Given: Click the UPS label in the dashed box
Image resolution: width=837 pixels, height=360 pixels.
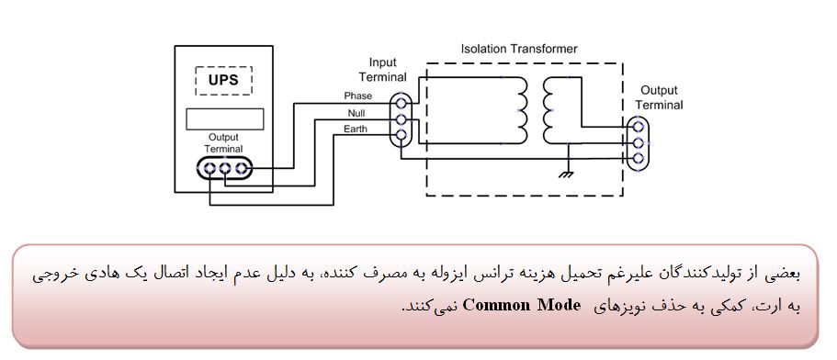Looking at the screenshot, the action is (223, 81).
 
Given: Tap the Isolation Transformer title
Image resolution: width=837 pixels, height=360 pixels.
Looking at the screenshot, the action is (519, 49).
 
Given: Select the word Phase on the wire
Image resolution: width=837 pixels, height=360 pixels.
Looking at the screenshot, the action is (357, 96).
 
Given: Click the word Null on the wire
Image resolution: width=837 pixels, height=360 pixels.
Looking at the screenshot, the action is (356, 113).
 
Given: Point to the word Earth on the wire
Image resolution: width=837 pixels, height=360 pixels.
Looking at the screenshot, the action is (356, 129).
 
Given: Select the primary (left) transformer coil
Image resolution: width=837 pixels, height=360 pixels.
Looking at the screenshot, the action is (519, 110).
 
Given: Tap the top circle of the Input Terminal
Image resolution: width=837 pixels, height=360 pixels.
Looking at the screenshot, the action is (402, 101).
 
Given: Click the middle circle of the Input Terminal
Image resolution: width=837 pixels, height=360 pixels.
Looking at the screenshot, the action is (402, 119).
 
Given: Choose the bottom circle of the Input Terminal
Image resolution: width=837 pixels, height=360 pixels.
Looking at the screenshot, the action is (402, 136).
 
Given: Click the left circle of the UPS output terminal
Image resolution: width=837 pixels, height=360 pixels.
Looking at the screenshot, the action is (209, 169).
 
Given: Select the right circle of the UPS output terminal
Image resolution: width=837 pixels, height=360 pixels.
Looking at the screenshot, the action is (241, 169).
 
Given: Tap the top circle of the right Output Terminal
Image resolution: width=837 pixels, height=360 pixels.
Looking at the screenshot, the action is (637, 127).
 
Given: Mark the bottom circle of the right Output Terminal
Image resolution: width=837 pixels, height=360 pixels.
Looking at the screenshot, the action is (637, 158).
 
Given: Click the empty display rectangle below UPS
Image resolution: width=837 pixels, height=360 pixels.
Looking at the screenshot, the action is (225, 119).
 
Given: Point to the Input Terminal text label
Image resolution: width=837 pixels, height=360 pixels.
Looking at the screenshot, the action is (382, 70).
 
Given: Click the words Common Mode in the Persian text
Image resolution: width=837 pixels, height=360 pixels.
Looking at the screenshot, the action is (521, 306).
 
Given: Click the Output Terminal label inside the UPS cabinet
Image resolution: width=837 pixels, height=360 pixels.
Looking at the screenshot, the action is (223, 143).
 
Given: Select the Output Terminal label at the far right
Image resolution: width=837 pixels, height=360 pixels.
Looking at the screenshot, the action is (660, 97).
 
